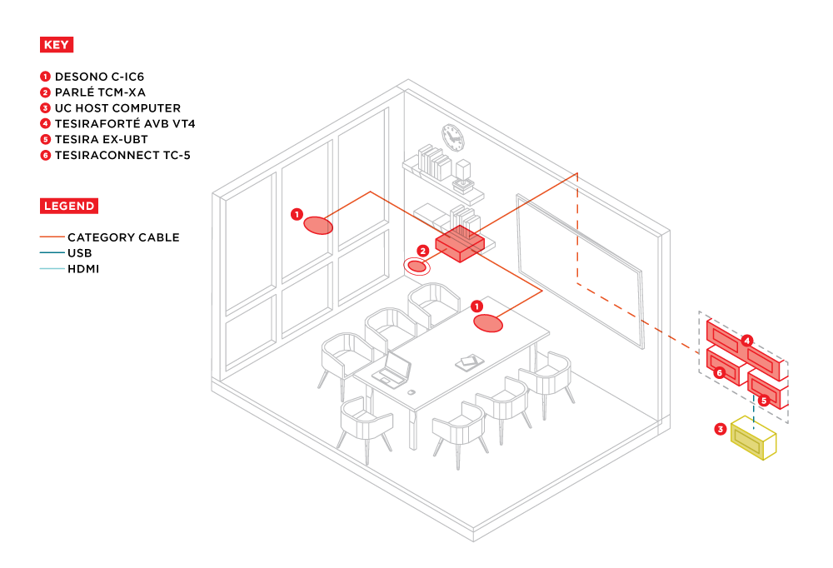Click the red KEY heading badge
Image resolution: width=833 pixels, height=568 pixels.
pyautogui.click(x=57, y=45)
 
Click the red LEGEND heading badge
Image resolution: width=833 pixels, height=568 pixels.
pyautogui.click(x=69, y=206)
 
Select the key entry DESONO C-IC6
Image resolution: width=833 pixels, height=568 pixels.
pyautogui.click(x=99, y=77)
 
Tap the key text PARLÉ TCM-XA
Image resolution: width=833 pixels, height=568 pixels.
pyautogui.click(x=100, y=92)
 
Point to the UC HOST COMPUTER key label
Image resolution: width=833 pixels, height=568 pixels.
pyautogui.click(x=117, y=108)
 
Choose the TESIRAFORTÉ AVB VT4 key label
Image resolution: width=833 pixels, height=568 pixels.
pyautogui.click(x=125, y=124)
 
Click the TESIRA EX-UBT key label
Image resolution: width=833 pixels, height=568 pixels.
pyautogui.click(x=101, y=139)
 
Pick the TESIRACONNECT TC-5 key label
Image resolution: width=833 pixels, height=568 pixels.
pyautogui.click(x=122, y=155)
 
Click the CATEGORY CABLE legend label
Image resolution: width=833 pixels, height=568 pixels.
pyautogui.click(x=123, y=237)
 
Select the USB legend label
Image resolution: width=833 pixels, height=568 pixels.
pyautogui.click(x=80, y=253)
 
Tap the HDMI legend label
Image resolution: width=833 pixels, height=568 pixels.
pyautogui.click(x=83, y=269)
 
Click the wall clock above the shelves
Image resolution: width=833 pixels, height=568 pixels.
pyautogui.click(x=452, y=137)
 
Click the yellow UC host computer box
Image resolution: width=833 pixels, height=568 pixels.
pyautogui.click(x=753, y=438)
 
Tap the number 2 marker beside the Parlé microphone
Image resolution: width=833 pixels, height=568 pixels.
pyautogui.click(x=423, y=251)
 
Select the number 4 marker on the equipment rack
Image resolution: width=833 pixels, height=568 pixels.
pyautogui.click(x=747, y=341)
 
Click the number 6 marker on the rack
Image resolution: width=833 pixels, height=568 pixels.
pyautogui.click(x=720, y=372)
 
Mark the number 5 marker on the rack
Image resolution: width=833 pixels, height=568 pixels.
pyautogui.click(x=764, y=400)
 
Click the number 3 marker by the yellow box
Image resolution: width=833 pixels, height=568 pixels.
pyautogui.click(x=721, y=429)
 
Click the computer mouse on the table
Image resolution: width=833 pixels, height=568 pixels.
pyautogui.click(x=412, y=392)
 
